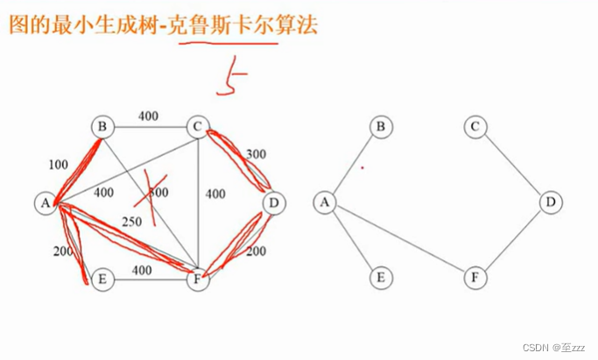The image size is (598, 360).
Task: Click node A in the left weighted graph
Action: pos(44,203)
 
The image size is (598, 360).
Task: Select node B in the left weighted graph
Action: pos(102,127)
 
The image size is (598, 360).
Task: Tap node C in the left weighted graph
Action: pos(198,127)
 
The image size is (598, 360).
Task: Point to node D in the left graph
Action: pos(273,203)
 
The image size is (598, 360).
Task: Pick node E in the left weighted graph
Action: pos(102,279)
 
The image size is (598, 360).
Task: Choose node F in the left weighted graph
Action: pos(198,279)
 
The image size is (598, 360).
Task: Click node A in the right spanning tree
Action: pos(325,203)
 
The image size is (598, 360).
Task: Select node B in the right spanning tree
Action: pos(380,127)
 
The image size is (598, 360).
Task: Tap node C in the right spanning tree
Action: pos(475,127)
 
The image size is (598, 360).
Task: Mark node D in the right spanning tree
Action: pos(550,203)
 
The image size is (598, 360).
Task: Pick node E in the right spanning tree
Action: pos(380,279)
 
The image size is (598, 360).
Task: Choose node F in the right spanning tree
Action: pos(475,279)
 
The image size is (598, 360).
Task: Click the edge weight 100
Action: pos(58,164)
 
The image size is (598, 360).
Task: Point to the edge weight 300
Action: pos(255,154)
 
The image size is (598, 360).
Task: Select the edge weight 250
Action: pos(131,221)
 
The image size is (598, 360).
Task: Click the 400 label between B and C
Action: pos(148,115)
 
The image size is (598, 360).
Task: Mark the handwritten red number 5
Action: pos(232,80)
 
